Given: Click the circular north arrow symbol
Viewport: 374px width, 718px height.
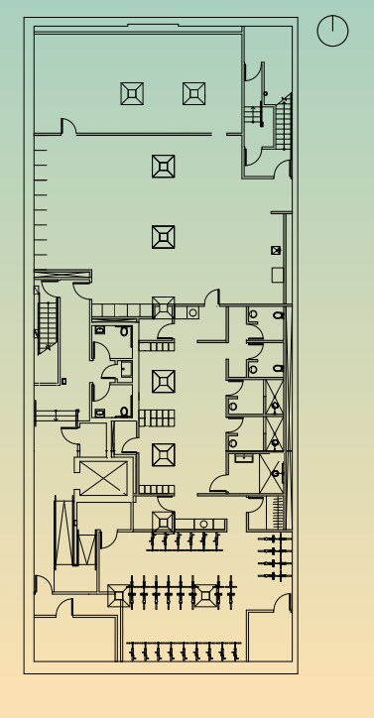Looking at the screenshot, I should (332, 31).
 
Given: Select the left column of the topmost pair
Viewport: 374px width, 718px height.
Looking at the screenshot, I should (133, 93).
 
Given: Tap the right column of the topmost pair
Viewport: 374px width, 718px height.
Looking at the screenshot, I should (194, 93).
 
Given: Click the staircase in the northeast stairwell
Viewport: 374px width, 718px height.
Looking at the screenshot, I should (283, 120).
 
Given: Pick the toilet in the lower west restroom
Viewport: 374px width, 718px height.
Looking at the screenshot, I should (125, 411).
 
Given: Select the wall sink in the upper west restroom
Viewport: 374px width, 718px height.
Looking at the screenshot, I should (100, 329).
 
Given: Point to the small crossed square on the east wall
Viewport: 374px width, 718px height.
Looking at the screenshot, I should (276, 251).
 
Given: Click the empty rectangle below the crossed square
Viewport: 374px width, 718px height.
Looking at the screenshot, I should (278, 274).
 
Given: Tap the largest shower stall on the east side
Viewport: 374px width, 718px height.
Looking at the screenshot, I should (273, 474).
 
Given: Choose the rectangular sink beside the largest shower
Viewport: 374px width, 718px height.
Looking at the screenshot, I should (243, 458).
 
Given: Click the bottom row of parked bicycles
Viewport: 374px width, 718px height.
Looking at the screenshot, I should (185, 651).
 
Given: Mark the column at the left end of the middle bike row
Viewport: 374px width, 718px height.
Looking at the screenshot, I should (118, 594).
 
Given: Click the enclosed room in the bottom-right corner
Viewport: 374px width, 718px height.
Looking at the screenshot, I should (270, 635).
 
